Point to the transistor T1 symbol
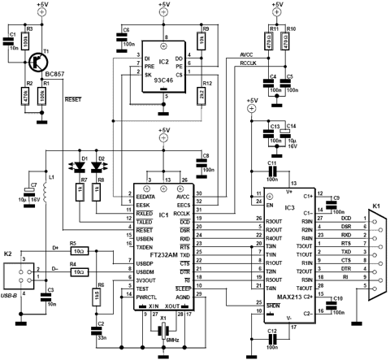[x=39, y=60]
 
